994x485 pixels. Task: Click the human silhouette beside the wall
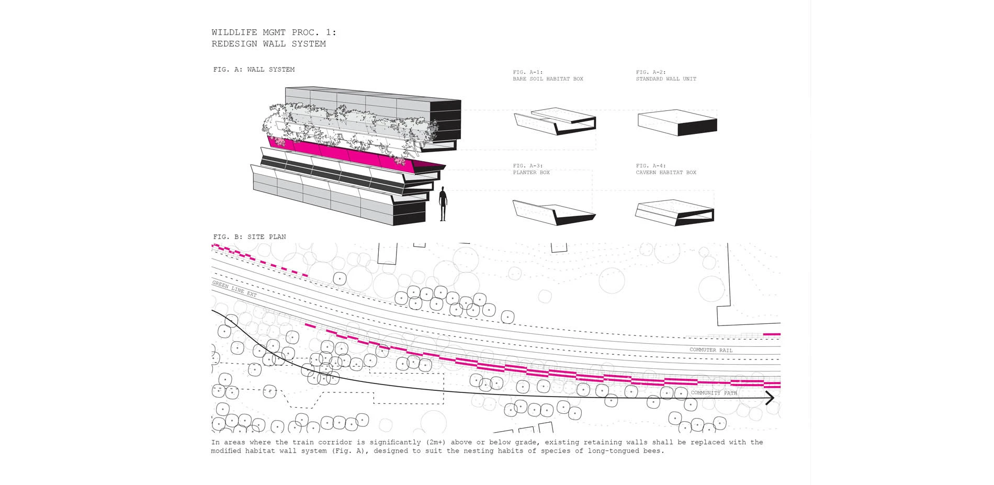pyautogui.click(x=443, y=204)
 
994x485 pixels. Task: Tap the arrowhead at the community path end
pyautogui.click(x=770, y=398)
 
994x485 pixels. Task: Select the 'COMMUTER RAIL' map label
pyautogui.click(x=711, y=350)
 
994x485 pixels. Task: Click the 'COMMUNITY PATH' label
pyautogui.click(x=714, y=392)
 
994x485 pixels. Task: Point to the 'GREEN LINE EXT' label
pyautogui.click(x=234, y=289)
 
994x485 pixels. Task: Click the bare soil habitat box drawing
pyautogui.click(x=555, y=121)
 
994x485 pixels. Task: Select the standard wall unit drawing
pyautogui.click(x=677, y=122)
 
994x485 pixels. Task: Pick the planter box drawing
pyautogui.click(x=554, y=212)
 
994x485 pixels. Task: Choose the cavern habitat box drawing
pyautogui.click(x=675, y=212)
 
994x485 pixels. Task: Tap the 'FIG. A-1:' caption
pyautogui.click(x=528, y=72)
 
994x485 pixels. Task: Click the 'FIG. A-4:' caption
pyautogui.click(x=651, y=166)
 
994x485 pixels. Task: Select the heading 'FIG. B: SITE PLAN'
pyautogui.click(x=250, y=237)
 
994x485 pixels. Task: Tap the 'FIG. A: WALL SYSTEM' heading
pyautogui.click(x=254, y=70)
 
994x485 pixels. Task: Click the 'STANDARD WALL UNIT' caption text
pyautogui.click(x=666, y=79)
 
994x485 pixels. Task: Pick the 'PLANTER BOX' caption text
pyautogui.click(x=532, y=173)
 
